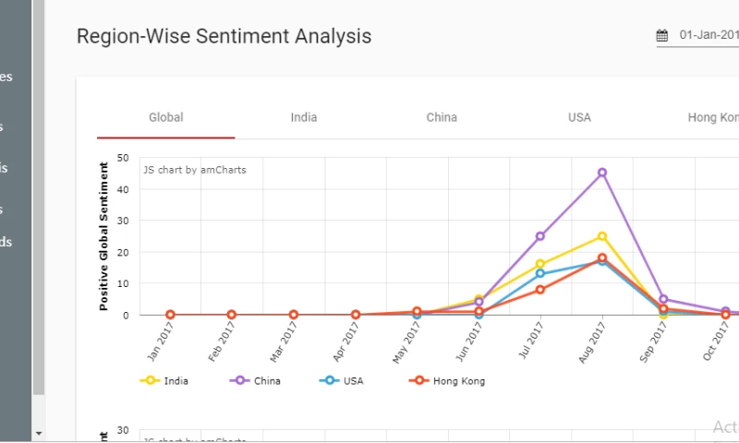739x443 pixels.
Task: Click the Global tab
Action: coord(166,117)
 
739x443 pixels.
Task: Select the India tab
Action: coord(304,117)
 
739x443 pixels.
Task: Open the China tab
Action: coord(442,117)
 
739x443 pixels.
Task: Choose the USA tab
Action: coord(579,117)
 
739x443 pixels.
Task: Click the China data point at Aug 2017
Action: coord(602,173)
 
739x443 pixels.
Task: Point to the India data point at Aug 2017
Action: coord(602,236)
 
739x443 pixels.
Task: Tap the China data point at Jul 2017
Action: coord(540,236)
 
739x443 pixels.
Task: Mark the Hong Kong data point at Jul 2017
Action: coord(540,290)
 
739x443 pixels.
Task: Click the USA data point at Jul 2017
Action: coord(540,274)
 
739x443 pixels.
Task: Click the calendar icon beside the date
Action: coord(662,36)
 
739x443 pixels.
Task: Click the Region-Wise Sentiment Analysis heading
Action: coord(224,36)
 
